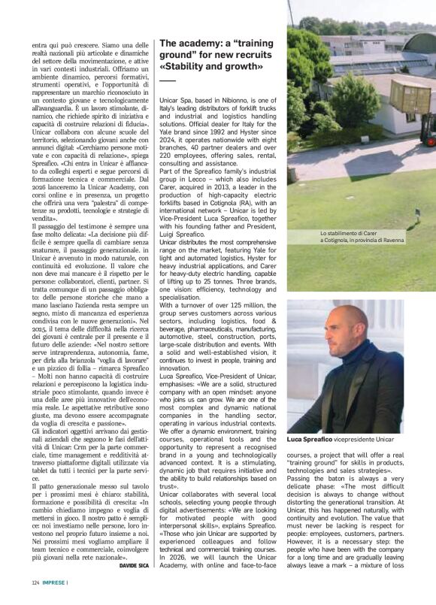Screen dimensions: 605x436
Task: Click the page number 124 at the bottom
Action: pyautogui.click(x=35, y=582)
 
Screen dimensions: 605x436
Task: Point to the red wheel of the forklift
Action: pyautogui.click(x=430, y=141)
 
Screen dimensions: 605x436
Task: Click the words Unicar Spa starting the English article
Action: pyautogui.click(x=175, y=100)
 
